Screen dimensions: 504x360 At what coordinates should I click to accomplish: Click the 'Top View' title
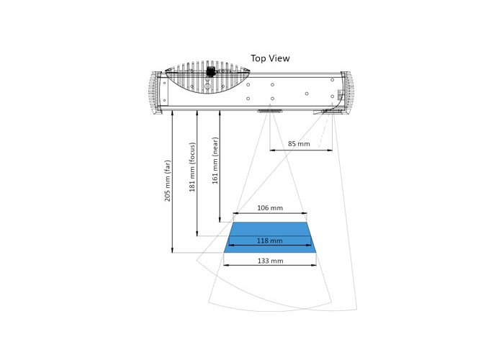pos(270,58)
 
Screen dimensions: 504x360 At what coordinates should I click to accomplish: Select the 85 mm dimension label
pos(299,144)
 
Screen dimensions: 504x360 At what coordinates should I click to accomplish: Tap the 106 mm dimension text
pos(270,208)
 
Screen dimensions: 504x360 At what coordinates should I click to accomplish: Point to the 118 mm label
pos(270,240)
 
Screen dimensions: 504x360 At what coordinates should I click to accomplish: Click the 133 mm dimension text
pos(270,261)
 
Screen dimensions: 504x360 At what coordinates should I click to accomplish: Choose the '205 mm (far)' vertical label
pos(168,181)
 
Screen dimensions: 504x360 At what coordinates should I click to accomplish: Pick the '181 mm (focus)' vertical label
pos(192,167)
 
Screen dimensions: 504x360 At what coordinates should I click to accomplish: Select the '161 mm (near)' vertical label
pos(215,161)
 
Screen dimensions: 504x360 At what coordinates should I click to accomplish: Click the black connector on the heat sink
pos(210,71)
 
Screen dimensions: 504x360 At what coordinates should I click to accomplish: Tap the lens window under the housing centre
pos(270,111)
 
